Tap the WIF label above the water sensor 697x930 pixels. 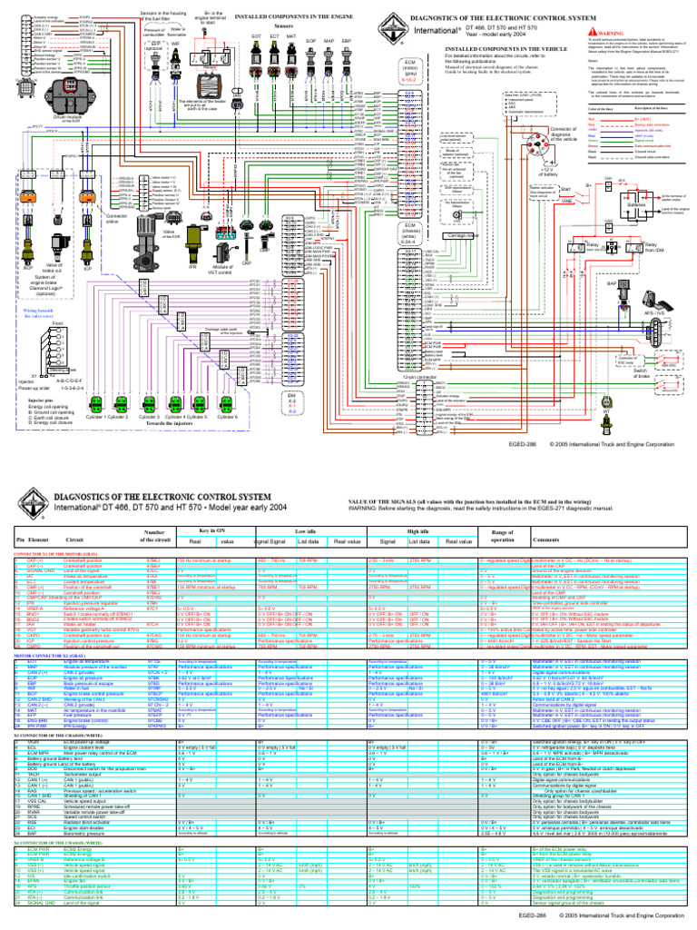[x=175, y=43]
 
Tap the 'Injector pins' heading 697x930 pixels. [x=44, y=399]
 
